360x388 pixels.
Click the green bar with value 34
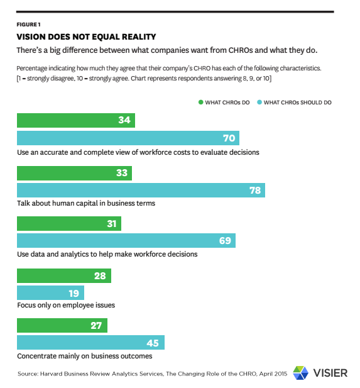[x=75, y=121]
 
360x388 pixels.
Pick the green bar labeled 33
[x=74, y=173]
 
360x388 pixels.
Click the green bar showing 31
[x=68, y=224]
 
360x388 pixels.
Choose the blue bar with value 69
[x=126, y=241]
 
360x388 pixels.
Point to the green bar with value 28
[x=63, y=275]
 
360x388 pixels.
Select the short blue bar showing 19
[x=50, y=292]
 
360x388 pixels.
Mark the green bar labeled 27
[x=62, y=325]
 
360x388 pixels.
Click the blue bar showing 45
[x=90, y=342]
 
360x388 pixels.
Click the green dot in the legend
[x=201, y=102]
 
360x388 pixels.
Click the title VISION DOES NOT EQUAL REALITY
[x=86, y=36]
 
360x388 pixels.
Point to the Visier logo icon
[x=301, y=372]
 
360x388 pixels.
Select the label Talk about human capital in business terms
[x=85, y=203]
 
